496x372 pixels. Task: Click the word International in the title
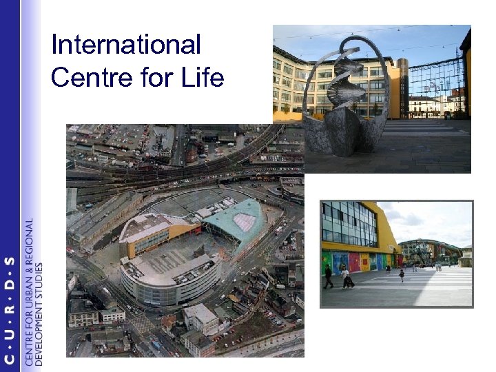point(126,45)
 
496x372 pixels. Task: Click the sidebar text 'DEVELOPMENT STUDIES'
point(39,313)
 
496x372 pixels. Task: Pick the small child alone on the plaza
point(402,275)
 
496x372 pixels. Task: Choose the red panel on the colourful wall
point(353,262)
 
